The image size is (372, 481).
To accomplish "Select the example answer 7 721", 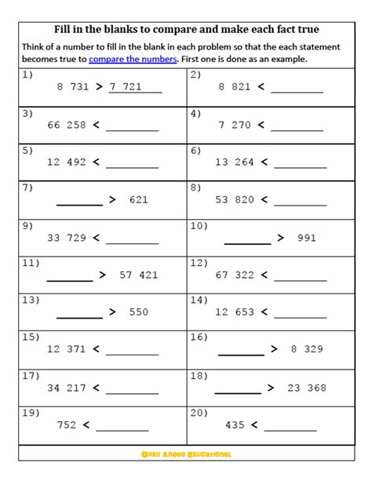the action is point(126,87).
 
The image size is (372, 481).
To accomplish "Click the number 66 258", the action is point(67,125).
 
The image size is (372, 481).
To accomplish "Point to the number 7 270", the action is point(235,125).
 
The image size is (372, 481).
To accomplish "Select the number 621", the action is point(138,200).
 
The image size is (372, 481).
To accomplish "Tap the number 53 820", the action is point(235,200).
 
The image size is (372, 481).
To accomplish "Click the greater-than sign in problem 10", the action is point(281,238).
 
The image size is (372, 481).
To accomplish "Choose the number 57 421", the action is point(138,275).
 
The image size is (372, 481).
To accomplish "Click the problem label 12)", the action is point(199,263).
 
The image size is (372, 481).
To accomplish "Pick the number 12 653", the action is point(235,312).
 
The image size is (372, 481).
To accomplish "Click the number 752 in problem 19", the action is point(67,425).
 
